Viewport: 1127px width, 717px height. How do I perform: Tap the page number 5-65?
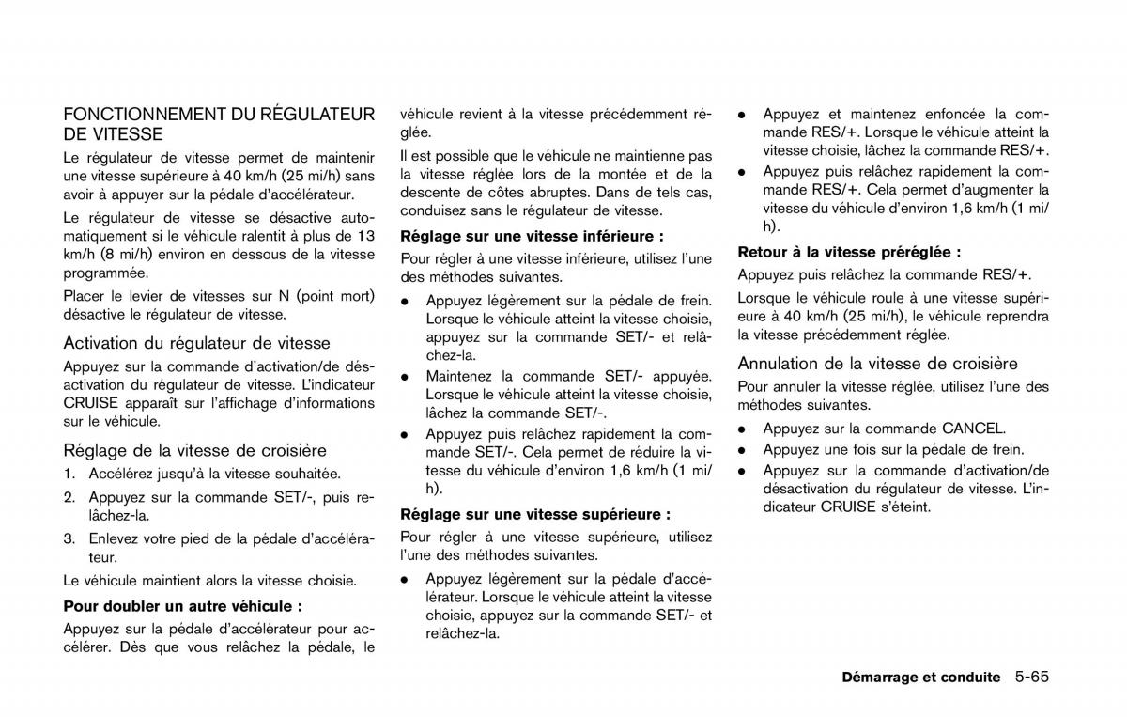click(x=1031, y=677)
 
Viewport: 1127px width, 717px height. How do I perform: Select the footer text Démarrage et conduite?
click(x=920, y=677)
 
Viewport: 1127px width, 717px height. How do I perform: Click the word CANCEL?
click(x=973, y=428)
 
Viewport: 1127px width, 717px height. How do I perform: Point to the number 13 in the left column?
click(x=366, y=235)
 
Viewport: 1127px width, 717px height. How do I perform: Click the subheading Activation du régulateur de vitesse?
click(x=196, y=344)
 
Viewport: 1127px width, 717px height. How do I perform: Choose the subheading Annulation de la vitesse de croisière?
click(x=877, y=364)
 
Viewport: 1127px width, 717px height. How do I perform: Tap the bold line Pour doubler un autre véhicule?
click(x=183, y=606)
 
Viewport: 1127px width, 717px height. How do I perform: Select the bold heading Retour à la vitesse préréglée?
click(x=849, y=252)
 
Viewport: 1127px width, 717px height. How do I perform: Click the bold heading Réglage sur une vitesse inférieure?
click(x=533, y=236)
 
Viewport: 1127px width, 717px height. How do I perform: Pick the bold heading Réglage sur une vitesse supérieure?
click(x=535, y=514)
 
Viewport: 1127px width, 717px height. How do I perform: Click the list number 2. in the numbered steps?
click(x=70, y=497)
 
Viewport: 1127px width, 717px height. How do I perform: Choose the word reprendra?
click(x=1016, y=316)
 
